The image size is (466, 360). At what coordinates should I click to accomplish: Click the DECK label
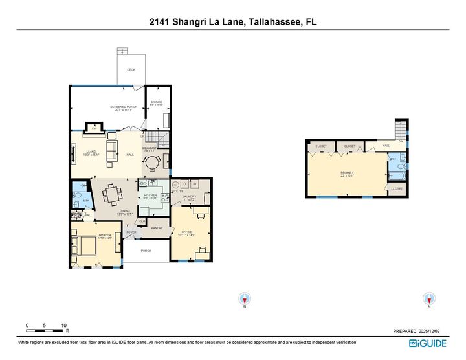pos(131,69)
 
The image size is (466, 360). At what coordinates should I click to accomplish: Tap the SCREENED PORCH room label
pos(123,108)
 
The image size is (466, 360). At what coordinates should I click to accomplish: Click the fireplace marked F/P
pos(94,128)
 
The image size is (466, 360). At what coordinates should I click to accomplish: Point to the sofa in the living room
pos(111,151)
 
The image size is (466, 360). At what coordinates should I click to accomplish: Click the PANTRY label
pos(156,228)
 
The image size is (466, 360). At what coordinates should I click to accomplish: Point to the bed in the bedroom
pos(84,246)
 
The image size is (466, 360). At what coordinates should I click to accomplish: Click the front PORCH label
pos(146,251)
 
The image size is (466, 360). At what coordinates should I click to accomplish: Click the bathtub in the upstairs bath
pos(395,175)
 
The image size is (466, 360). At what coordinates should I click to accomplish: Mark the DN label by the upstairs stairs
pos(401,141)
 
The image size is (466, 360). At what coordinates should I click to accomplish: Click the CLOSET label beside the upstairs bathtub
pos(396,188)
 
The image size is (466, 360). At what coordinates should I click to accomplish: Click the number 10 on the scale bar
pos(63,325)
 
